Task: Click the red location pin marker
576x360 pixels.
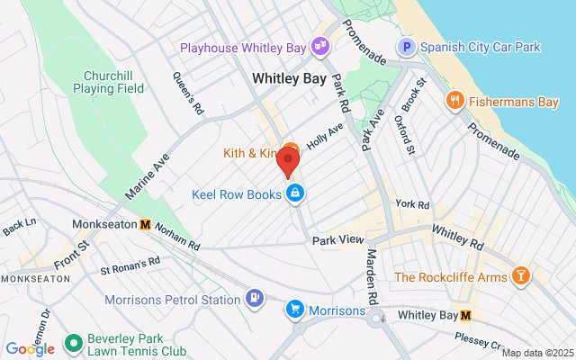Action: pos(288,163)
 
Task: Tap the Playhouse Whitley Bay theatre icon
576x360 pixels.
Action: pos(319,45)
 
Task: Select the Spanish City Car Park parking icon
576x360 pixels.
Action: pos(406,45)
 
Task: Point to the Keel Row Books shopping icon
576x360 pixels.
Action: pos(294,193)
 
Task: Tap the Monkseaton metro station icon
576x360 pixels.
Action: pos(145,224)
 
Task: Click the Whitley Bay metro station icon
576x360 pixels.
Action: pos(466,315)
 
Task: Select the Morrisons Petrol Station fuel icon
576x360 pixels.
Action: pos(256,298)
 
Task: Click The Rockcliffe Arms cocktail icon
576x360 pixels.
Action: pos(519,276)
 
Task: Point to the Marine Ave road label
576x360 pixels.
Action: pos(147,176)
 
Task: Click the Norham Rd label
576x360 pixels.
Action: pos(175,236)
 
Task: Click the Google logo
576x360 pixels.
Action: pos(30,349)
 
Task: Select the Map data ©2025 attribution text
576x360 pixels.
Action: pos(536,353)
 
